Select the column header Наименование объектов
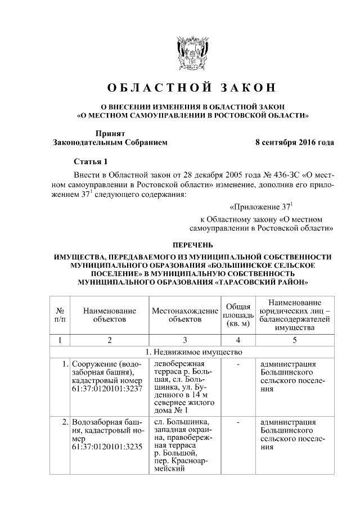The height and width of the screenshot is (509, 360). [110, 315]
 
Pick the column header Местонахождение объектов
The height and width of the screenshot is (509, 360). [184, 315]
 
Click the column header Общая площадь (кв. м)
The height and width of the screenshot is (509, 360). [238, 315]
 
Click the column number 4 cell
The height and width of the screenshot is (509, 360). [238, 340]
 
